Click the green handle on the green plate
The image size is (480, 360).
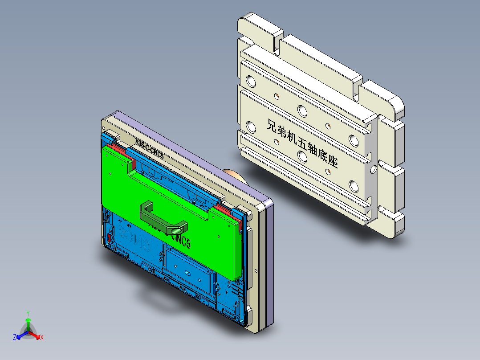point(163,217)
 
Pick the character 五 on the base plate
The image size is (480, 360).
point(301,143)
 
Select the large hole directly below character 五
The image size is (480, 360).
point(303,157)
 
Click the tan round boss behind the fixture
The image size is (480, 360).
point(234,175)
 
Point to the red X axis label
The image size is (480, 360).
point(41,338)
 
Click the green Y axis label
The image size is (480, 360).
point(28,313)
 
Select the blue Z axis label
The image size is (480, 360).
point(15,338)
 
